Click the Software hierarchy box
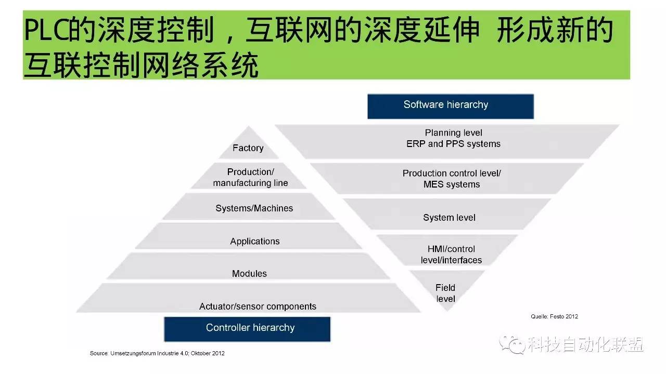[x=450, y=105]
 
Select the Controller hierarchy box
[x=247, y=328]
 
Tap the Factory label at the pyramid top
[x=248, y=148]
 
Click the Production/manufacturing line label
[x=250, y=177]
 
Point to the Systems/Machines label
[x=254, y=208]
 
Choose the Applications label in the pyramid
[x=254, y=242]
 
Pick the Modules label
[x=249, y=274]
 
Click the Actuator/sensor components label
[x=258, y=306]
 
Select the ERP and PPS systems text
[x=453, y=144]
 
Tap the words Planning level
[x=453, y=133]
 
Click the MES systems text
[x=452, y=184]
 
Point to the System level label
[x=449, y=218]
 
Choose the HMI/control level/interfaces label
[x=451, y=255]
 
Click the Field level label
[x=445, y=293]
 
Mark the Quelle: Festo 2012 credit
[x=554, y=316]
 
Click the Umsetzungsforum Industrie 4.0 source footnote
[x=157, y=353]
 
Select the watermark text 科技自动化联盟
[x=584, y=344]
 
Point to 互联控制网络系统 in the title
[x=140, y=66]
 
